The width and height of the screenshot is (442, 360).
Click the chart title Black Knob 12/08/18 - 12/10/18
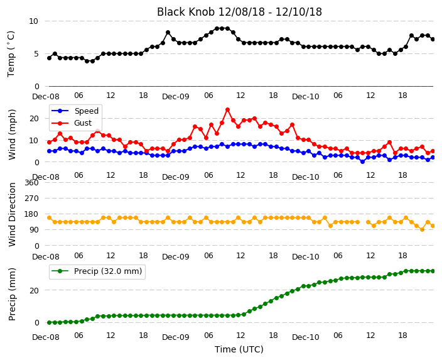coord(239,12)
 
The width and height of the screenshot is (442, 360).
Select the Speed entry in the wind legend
coord(75,111)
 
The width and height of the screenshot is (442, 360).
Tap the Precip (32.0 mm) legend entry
coord(97,271)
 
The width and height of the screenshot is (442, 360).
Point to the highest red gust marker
coord(227,110)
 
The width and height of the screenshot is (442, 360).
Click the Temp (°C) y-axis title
coord(11,54)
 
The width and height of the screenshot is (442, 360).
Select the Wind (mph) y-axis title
coord(12,134)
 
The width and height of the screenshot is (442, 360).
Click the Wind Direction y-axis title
coord(12,214)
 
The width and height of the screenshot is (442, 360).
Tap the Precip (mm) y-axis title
coord(12,294)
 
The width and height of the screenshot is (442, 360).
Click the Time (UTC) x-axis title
coord(239,349)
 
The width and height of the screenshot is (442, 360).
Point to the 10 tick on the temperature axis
coord(33,21)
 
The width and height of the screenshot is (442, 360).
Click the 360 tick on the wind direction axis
coord(31,183)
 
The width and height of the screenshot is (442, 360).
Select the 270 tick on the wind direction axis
coord(31,199)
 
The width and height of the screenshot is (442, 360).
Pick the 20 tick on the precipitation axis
coord(34,290)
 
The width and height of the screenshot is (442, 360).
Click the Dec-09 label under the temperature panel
coord(176,97)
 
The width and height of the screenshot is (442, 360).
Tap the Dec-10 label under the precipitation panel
coord(306,337)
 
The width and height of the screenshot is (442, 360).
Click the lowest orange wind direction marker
coord(422,230)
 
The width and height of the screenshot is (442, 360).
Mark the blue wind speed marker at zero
coord(362,161)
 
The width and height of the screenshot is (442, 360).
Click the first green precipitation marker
coord(50,322)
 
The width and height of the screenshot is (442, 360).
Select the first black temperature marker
coord(50,58)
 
